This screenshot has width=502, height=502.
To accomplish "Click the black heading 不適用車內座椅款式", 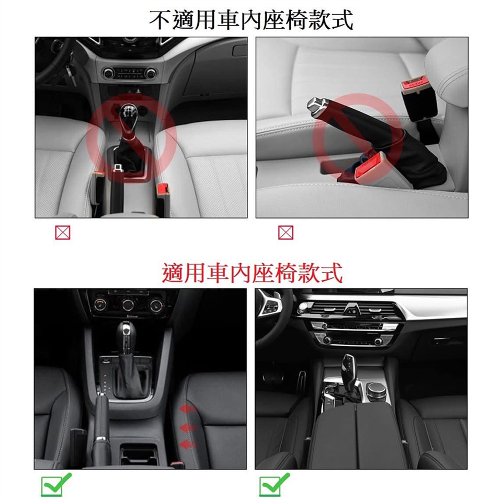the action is [252, 20].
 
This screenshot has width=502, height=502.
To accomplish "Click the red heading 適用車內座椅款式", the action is [252, 272].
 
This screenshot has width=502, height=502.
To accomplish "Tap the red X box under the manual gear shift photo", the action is [62, 233].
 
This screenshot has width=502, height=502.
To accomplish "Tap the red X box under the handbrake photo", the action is [286, 233].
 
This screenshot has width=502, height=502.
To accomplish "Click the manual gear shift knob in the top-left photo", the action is [127, 113].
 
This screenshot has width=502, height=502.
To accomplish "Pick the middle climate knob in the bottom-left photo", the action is [128, 304].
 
